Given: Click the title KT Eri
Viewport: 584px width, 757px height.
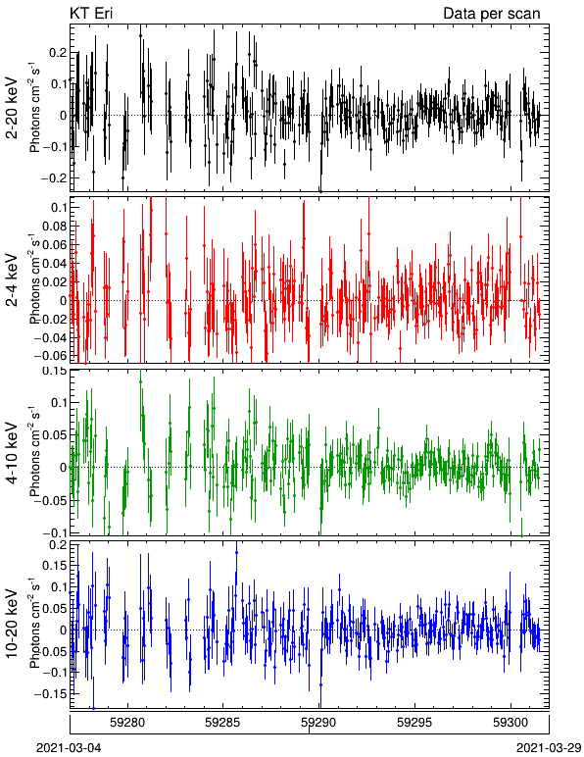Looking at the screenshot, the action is click(x=91, y=14).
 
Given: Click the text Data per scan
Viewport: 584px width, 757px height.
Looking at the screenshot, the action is click(x=492, y=14).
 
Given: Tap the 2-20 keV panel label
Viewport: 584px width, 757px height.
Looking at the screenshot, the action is click(x=12, y=108).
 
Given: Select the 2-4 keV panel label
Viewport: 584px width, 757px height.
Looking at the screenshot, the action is click(x=12, y=281).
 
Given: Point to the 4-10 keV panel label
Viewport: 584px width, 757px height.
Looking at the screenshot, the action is click(x=12, y=453).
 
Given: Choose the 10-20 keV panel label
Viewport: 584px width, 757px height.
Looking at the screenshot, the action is click(x=12, y=624).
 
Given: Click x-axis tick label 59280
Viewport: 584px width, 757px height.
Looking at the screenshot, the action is click(x=127, y=724).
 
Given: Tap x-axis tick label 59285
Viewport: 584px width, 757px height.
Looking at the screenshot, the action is click(x=222, y=724).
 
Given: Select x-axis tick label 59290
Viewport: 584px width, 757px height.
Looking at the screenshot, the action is click(x=318, y=724).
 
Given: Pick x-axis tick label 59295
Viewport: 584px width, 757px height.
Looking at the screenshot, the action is click(x=414, y=724).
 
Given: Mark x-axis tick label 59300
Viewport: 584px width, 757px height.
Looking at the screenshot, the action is click(x=511, y=724).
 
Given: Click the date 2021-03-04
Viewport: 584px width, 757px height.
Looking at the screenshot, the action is click(x=69, y=748).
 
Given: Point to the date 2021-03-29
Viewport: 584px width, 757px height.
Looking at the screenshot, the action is click(x=549, y=748).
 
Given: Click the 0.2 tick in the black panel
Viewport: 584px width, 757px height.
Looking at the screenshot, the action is click(x=58, y=53).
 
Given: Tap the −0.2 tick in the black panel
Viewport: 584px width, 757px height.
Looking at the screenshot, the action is click(x=54, y=177).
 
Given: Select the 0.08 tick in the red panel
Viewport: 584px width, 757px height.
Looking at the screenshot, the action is click(x=56, y=226).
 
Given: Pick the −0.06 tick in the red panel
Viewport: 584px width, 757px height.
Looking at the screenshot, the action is click(x=52, y=356).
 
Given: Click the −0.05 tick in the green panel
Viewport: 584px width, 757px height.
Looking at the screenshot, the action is click(x=52, y=500).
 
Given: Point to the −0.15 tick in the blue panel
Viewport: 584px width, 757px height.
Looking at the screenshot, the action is click(x=52, y=694).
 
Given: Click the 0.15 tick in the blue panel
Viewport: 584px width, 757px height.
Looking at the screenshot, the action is click(x=56, y=566).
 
